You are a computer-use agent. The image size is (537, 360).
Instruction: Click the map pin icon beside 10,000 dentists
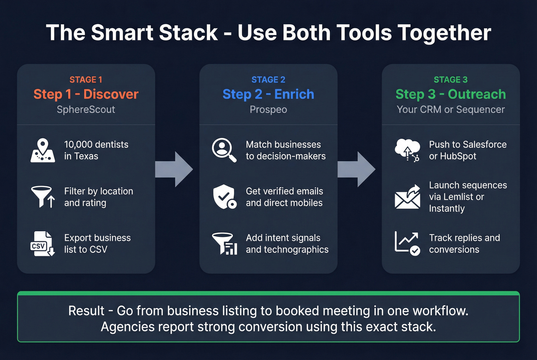[x=43, y=150]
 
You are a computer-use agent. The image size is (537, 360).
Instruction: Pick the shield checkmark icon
[x=224, y=197]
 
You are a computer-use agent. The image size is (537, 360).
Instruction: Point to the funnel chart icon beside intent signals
[x=225, y=243]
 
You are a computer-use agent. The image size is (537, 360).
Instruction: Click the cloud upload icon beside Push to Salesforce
[x=407, y=150]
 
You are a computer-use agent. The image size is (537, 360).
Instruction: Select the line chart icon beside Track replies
[x=407, y=243]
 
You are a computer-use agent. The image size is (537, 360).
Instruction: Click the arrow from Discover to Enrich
[x=175, y=169]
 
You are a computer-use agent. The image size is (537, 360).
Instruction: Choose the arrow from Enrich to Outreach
[x=357, y=169]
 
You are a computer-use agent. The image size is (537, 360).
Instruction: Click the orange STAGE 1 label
[x=86, y=80]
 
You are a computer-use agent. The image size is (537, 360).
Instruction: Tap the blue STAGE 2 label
[x=268, y=80]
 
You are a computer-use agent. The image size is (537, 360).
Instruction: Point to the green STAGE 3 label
[x=450, y=80]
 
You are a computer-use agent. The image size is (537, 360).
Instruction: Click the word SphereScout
[x=86, y=110]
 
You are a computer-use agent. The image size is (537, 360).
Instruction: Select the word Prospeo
[x=268, y=110]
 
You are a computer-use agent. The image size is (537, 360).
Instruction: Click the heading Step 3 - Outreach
[x=450, y=94]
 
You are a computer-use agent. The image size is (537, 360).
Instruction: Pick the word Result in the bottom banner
[x=86, y=311]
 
